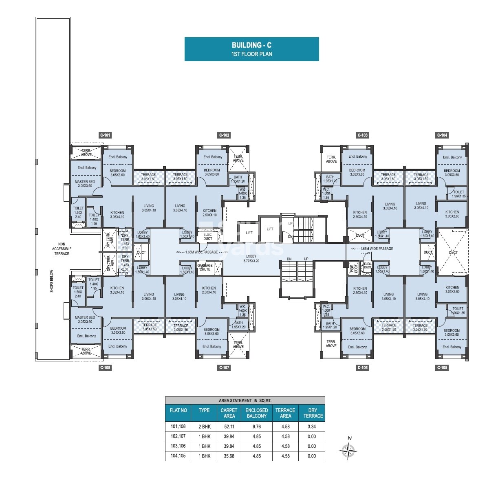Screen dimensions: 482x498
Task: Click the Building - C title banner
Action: tap(251, 49)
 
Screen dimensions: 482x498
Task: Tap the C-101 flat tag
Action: tap(105, 135)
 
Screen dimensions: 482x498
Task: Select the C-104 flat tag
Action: tap(442, 135)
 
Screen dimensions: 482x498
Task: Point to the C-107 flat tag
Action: tap(224, 368)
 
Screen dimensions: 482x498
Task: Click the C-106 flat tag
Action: tap(362, 368)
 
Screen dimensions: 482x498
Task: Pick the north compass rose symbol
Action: tap(348, 450)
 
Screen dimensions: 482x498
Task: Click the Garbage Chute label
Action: tap(205, 267)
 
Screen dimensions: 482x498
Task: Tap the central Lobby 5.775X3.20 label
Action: tap(251, 258)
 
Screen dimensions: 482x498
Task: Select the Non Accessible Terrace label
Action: tap(62, 249)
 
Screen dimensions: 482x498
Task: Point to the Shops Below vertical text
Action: tap(52, 281)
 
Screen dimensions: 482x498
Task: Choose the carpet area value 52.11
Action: tap(229, 427)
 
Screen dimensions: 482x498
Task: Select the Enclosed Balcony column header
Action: tap(257, 413)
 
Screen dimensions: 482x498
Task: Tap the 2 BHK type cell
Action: tap(204, 427)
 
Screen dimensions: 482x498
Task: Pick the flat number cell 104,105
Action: tap(178, 456)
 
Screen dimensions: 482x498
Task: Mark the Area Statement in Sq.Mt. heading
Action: tap(245, 401)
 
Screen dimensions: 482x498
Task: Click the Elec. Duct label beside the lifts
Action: tap(208, 236)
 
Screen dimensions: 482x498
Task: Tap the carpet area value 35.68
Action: tap(229, 456)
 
